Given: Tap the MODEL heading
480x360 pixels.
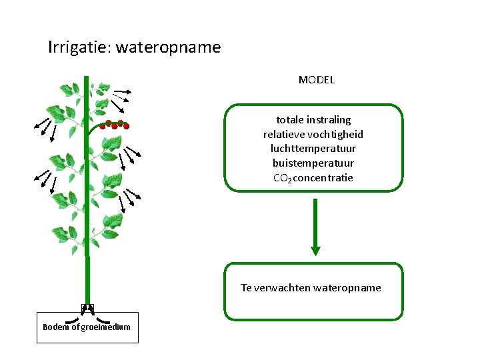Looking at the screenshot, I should pyautogui.click(x=316, y=80).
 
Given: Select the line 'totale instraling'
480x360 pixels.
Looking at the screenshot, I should pyautogui.click(x=313, y=120).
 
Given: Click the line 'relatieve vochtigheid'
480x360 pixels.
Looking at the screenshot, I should pyautogui.click(x=313, y=135).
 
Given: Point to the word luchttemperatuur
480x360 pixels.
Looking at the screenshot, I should pyautogui.click(x=313, y=149).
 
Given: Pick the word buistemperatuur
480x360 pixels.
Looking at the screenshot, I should pyautogui.click(x=313, y=163).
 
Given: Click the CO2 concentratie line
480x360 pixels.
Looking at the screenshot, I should pyautogui.click(x=313, y=178).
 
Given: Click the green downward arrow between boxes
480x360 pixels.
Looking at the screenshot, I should pyautogui.click(x=315, y=227).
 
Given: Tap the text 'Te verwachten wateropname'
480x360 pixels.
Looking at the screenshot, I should pyautogui.click(x=311, y=288).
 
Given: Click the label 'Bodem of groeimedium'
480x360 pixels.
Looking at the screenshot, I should pyautogui.click(x=87, y=327).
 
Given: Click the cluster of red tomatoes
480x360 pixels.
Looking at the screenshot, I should pyautogui.click(x=115, y=125).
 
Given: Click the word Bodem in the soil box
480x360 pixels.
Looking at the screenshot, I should pyautogui.click(x=55, y=327).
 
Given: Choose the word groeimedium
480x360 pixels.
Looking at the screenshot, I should pyautogui.click(x=105, y=327).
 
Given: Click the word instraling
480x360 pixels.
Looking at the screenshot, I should pyautogui.click(x=328, y=120).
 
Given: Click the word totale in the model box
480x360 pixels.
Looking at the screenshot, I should pyautogui.click(x=289, y=120).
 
